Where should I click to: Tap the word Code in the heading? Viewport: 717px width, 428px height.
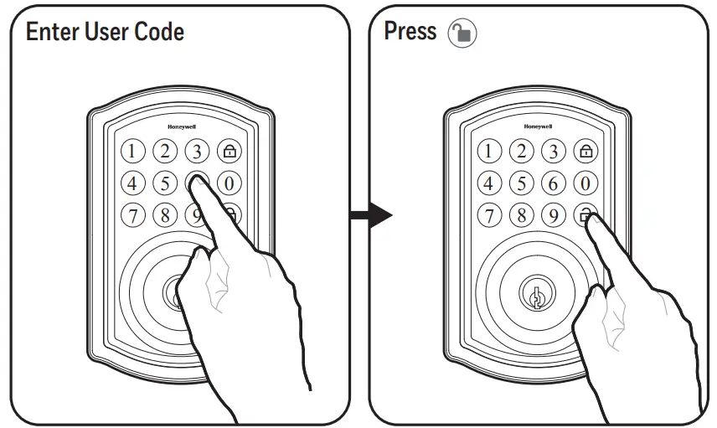point(157,33)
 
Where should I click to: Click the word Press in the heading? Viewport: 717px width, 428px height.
point(410,32)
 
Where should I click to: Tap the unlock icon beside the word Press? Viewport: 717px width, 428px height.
point(462,34)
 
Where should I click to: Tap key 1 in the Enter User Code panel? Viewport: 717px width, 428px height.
point(134,152)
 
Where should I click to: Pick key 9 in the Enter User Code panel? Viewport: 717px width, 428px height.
point(195,215)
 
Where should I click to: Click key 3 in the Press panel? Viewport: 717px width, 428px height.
point(553,152)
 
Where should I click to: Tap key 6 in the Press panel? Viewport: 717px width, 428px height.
point(553,183)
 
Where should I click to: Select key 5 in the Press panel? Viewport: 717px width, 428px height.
point(522,183)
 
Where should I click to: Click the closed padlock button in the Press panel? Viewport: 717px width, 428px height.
point(585,152)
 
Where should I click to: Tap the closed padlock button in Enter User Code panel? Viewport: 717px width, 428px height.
point(229,152)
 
